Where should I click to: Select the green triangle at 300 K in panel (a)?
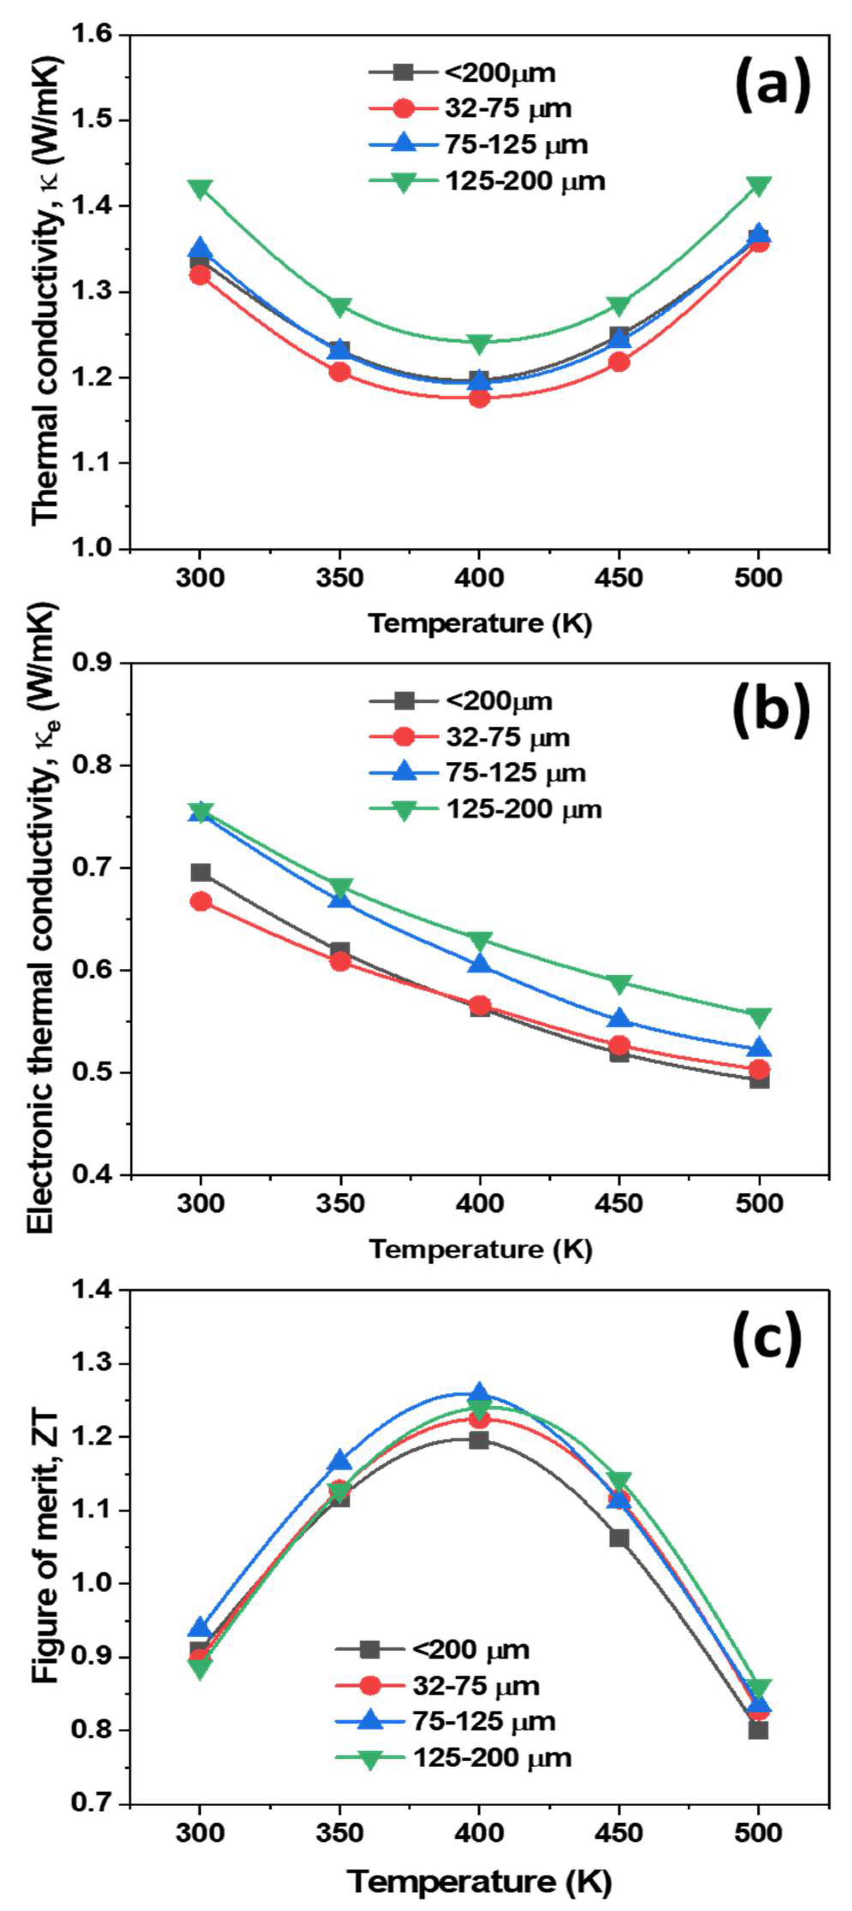pyautogui.click(x=200, y=189)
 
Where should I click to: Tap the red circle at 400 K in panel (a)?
pyautogui.click(x=479, y=398)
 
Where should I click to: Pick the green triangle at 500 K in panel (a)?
pyautogui.click(x=758, y=186)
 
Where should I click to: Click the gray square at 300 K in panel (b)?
pyautogui.click(x=200, y=873)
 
